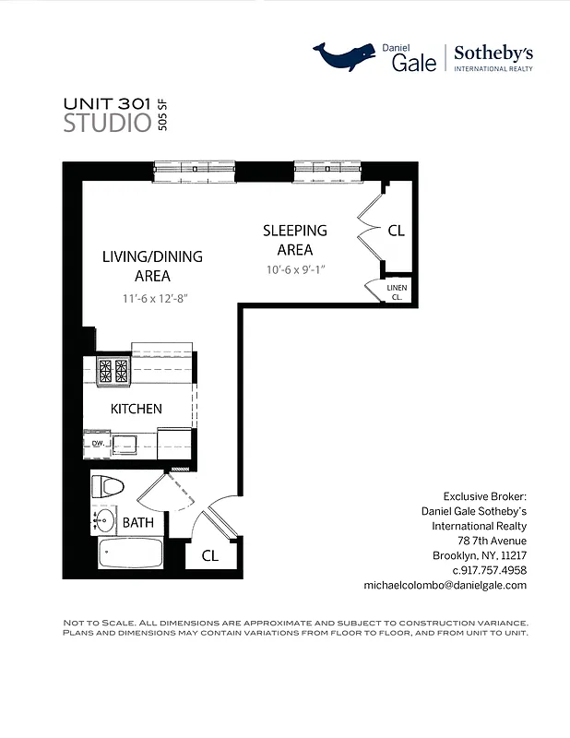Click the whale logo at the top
[346, 57]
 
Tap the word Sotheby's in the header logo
[493, 53]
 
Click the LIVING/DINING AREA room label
[152, 266]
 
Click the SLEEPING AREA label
[295, 240]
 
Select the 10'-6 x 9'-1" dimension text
[295, 269]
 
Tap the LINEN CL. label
[396, 292]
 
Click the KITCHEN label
[137, 409]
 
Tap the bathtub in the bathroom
[130, 553]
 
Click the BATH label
[138, 523]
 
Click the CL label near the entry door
[208, 556]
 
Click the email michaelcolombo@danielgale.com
[445, 585]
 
